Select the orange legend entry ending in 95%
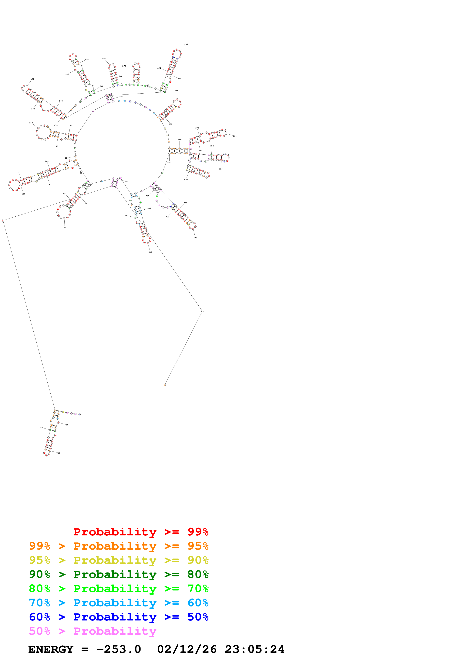click(x=119, y=546)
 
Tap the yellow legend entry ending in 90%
click(x=119, y=560)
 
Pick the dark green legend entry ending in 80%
click(x=119, y=574)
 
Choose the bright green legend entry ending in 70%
click(x=119, y=589)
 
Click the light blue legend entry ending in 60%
click(x=119, y=603)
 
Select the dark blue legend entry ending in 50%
click(x=119, y=617)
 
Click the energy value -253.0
click(x=119, y=649)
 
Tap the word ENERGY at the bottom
click(x=51, y=649)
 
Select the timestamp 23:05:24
click(x=254, y=649)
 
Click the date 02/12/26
click(x=187, y=649)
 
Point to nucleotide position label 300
click(x=186, y=44)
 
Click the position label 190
click(x=32, y=79)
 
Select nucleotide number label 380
click(x=235, y=136)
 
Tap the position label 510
click(x=150, y=252)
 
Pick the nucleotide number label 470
click(x=195, y=238)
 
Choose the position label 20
click(x=59, y=453)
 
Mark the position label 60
click(x=65, y=228)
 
